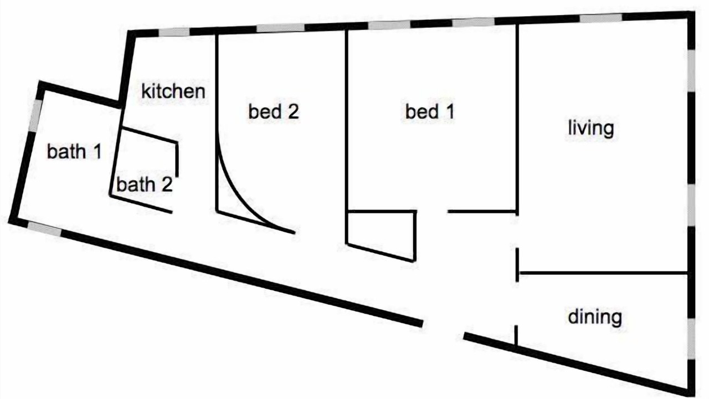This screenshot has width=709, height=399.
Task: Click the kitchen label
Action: tap(173, 91)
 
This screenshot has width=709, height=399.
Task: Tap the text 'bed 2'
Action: tap(274, 111)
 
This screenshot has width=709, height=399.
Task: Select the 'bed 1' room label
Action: tap(430, 111)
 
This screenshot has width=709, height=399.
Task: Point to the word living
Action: tap(591, 129)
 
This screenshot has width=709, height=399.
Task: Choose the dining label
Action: tap(595, 317)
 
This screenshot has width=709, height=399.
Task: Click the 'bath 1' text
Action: tap(74, 151)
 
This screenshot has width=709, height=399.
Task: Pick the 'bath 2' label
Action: tap(145, 185)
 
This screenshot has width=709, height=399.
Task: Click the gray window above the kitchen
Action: tap(174, 32)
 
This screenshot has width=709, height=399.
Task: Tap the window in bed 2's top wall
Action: tap(280, 28)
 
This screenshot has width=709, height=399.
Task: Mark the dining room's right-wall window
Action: tap(691, 339)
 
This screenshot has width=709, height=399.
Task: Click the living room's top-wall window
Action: tap(601, 18)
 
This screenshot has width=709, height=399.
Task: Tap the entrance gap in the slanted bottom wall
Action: tap(443, 330)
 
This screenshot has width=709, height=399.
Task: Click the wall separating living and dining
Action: tap(604, 273)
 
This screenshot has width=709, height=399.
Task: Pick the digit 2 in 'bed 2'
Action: tap(293, 112)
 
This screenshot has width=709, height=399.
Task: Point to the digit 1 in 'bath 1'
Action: tap(97, 151)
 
